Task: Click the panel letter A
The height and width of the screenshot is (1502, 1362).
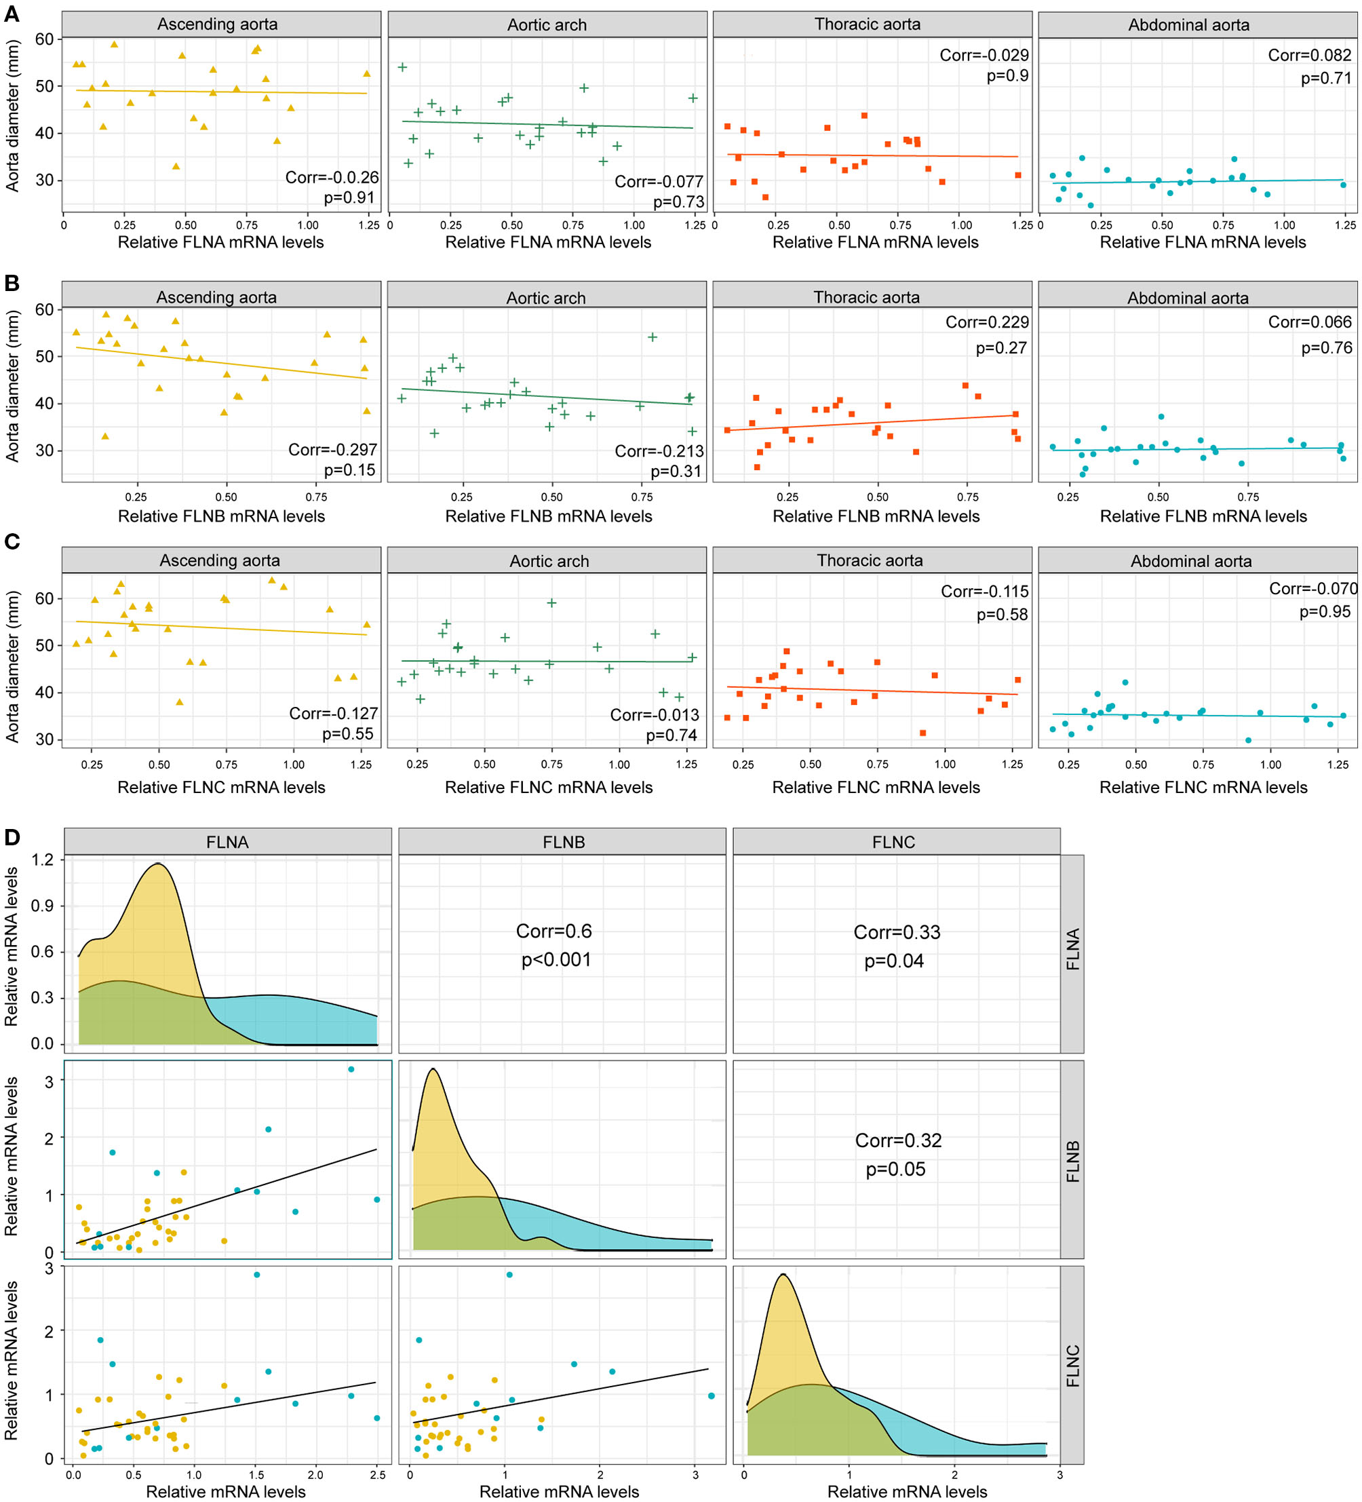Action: (x=12, y=14)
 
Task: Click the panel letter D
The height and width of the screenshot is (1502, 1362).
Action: (x=12, y=836)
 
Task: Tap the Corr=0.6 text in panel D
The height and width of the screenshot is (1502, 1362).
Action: (x=553, y=931)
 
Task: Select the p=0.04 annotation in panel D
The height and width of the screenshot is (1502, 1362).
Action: (x=893, y=961)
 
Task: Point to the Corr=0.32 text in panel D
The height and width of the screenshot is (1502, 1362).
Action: (x=898, y=1140)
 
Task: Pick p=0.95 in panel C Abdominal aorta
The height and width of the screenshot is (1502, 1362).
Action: (x=1325, y=612)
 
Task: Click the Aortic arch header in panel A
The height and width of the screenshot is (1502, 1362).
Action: (x=547, y=24)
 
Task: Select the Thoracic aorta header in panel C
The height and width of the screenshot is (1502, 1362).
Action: (x=870, y=560)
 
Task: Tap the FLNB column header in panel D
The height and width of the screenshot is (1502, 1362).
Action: (x=563, y=842)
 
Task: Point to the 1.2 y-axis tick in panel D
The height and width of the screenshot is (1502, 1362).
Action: (x=43, y=860)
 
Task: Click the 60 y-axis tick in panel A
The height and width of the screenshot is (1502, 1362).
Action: (x=45, y=39)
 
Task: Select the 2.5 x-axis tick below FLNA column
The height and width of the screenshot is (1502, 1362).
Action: (x=377, y=1474)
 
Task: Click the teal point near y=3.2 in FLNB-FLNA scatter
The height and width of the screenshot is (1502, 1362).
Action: (x=351, y=1069)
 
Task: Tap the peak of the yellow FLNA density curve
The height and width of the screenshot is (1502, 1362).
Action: (x=158, y=864)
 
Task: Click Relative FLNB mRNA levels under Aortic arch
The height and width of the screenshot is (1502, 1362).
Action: (x=548, y=516)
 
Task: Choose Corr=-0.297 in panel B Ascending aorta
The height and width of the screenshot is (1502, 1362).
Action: (x=333, y=449)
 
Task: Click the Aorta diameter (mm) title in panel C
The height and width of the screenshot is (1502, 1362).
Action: (x=12, y=667)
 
